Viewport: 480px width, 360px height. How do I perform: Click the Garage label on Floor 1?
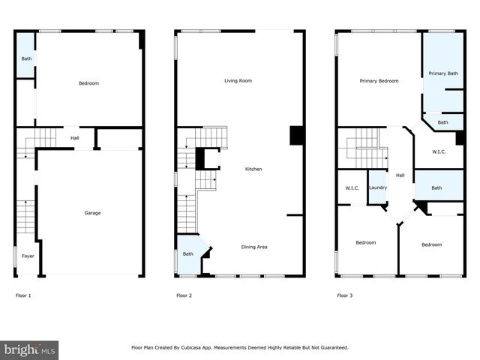coord(92,213)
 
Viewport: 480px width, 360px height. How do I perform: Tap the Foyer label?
coord(27,256)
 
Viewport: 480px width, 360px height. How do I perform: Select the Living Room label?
coord(237,80)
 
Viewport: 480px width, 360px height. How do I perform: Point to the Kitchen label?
coord(253,169)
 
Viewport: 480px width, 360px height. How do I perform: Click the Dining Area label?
coord(253,247)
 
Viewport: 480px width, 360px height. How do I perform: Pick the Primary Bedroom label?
coord(379,80)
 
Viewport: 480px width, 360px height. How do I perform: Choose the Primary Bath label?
coord(442,73)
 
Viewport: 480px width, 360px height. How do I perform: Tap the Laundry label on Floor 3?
coord(377,187)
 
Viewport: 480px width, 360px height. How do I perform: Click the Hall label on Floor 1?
coord(75,138)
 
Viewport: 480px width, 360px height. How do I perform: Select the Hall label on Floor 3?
coord(400,175)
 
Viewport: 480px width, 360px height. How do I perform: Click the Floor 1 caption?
coord(23,296)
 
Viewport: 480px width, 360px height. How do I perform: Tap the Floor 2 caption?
coord(184,296)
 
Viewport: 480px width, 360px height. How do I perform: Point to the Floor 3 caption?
coord(344,296)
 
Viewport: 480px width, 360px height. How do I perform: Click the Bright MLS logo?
coord(30,350)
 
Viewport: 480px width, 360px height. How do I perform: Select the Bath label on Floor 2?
coord(187,253)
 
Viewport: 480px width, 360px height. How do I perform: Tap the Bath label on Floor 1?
coord(26,58)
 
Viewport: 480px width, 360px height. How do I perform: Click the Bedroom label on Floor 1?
coord(88,83)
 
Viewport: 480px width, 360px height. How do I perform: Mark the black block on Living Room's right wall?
coord(296,134)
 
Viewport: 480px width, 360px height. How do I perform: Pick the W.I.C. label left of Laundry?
coord(351,187)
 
